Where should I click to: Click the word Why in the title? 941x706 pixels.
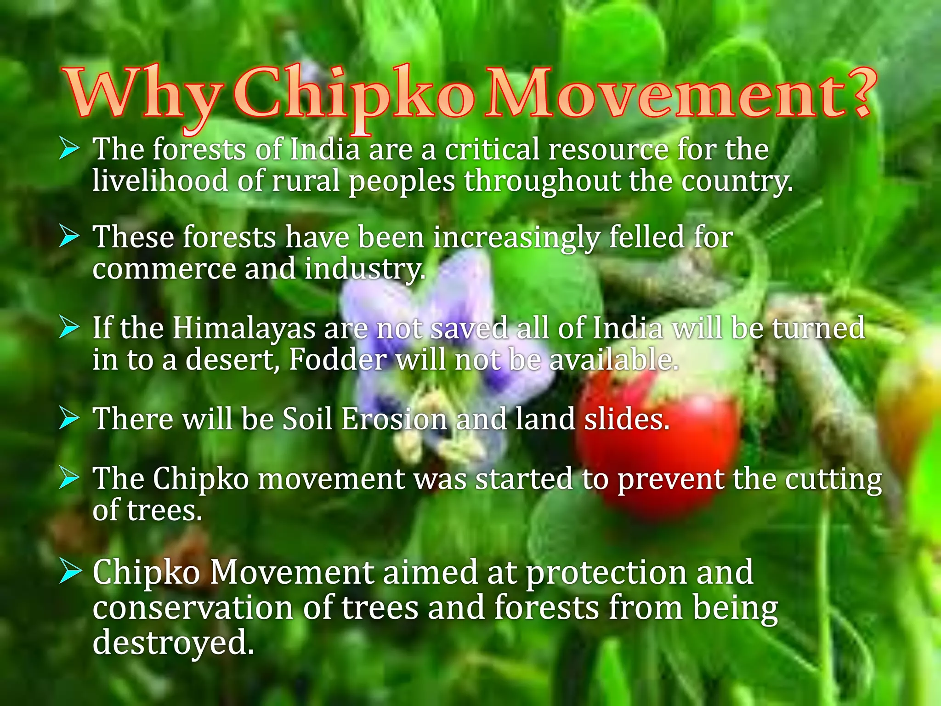click(x=142, y=94)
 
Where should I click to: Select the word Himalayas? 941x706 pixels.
click(x=244, y=329)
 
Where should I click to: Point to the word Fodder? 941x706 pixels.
click(x=338, y=359)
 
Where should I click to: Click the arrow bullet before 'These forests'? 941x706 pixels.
click(x=69, y=238)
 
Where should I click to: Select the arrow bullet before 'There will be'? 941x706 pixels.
click(x=69, y=419)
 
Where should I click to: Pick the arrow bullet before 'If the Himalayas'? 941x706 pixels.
click(x=69, y=328)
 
